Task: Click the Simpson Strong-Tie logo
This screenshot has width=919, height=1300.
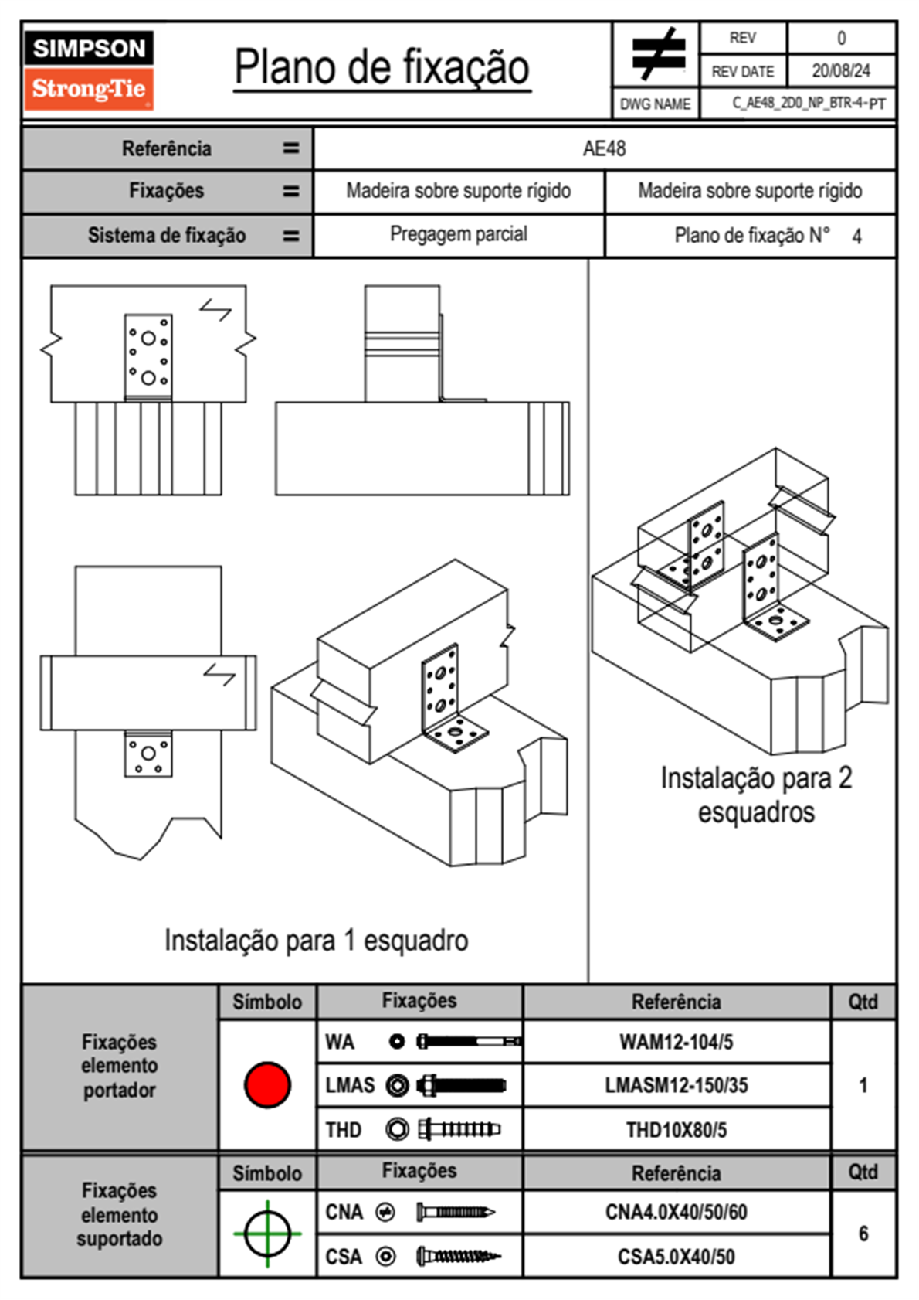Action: tap(90, 70)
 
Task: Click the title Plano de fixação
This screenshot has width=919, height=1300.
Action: tap(382, 68)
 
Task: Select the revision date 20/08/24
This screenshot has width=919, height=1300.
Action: tap(841, 71)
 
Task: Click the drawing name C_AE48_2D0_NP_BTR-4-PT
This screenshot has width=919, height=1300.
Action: tap(809, 104)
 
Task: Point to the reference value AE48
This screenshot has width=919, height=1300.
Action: tap(604, 148)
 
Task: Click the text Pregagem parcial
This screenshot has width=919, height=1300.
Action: tap(459, 234)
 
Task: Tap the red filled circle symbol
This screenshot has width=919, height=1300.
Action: tap(267, 1084)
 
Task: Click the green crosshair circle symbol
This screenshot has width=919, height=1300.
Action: tap(267, 1234)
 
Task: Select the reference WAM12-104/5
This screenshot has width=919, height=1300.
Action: tap(676, 1042)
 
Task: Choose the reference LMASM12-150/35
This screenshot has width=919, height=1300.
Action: tap(676, 1084)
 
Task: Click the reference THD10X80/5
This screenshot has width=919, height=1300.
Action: tap(676, 1130)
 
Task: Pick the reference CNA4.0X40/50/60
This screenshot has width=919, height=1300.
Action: tap(676, 1212)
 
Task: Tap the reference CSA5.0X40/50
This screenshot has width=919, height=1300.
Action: tap(676, 1257)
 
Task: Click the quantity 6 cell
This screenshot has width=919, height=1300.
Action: tap(863, 1234)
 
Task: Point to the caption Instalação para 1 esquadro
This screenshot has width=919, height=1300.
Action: tap(316, 940)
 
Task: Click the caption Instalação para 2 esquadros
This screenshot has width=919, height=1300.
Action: tap(756, 795)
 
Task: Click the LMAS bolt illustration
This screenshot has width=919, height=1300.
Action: tap(462, 1084)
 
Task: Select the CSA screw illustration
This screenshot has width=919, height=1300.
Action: tap(459, 1257)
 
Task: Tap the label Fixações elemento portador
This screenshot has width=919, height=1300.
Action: tap(120, 1066)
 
